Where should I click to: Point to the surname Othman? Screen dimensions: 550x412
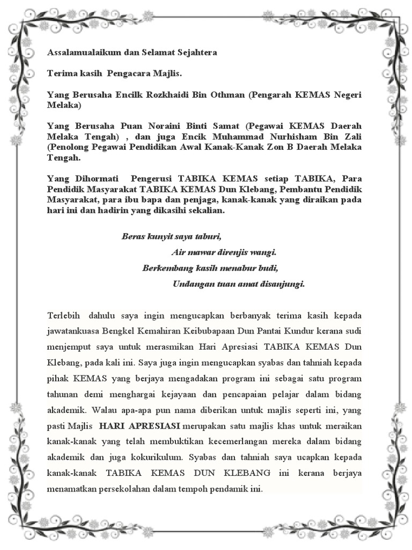[x=228, y=95]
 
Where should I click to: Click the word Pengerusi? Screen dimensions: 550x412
[x=152, y=178]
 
